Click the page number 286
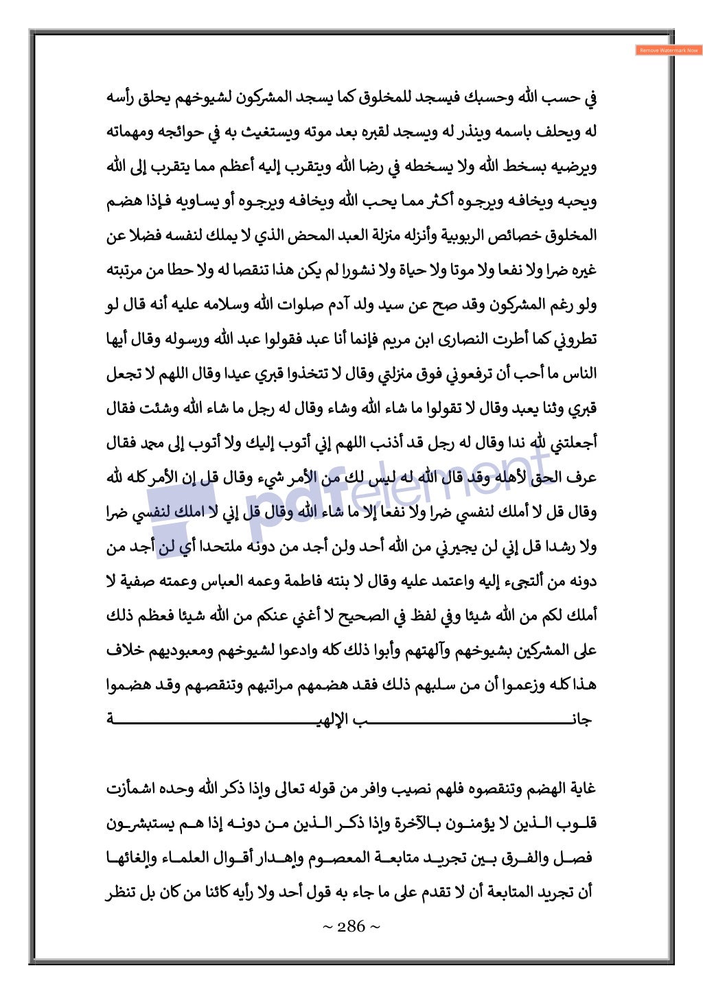coord(351,927)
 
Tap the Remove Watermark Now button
coord(668,50)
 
